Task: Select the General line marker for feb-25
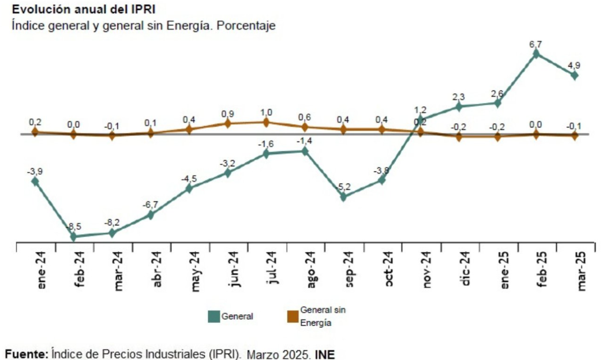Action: [536, 54]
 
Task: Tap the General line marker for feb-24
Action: [73, 236]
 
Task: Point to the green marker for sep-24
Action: [343, 197]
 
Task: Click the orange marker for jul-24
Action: [266, 122]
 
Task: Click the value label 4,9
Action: [574, 65]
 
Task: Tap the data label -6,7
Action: [151, 205]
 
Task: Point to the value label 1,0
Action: [266, 112]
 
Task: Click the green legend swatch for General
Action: [213, 316]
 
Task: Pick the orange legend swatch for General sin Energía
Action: [292, 316]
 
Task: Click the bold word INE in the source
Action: [325, 354]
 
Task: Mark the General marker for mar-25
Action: [574, 75]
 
